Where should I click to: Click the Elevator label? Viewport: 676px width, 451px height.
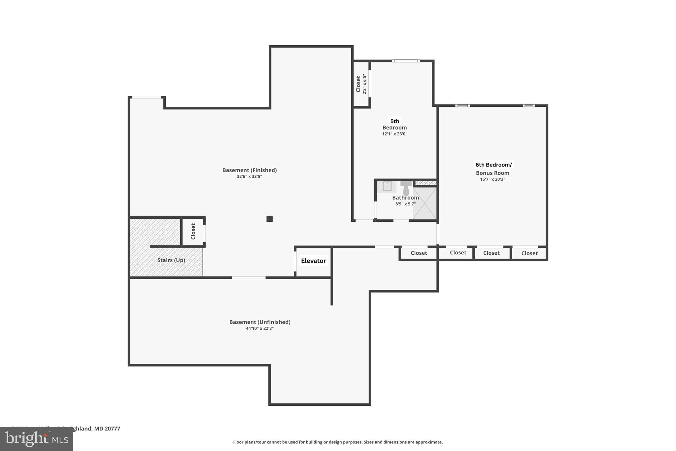click(313, 261)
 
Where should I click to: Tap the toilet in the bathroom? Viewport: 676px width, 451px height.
click(406, 188)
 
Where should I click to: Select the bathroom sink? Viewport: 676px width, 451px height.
click(387, 186)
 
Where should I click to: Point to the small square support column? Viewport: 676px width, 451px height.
click(269, 219)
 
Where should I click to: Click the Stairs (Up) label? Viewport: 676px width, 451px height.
click(171, 260)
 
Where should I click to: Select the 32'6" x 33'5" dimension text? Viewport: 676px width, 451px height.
click(249, 177)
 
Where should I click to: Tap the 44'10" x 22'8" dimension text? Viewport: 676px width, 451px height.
click(259, 328)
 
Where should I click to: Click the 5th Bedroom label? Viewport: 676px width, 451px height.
click(394, 124)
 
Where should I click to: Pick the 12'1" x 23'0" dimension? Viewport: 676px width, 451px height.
click(394, 134)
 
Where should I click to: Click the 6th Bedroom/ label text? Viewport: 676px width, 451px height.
click(493, 165)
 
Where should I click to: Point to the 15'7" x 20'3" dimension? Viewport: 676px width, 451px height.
click(492, 179)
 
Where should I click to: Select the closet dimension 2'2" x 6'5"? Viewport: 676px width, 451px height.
click(364, 84)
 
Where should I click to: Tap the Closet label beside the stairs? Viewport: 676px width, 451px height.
click(193, 231)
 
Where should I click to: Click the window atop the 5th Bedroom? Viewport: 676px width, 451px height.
click(406, 61)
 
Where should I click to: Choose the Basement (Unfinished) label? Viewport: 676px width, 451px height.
click(260, 322)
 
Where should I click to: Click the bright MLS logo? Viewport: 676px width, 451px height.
click(36, 439)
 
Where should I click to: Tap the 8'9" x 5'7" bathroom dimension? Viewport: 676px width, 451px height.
click(405, 204)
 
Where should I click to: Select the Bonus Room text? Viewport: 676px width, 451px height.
click(492, 173)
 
